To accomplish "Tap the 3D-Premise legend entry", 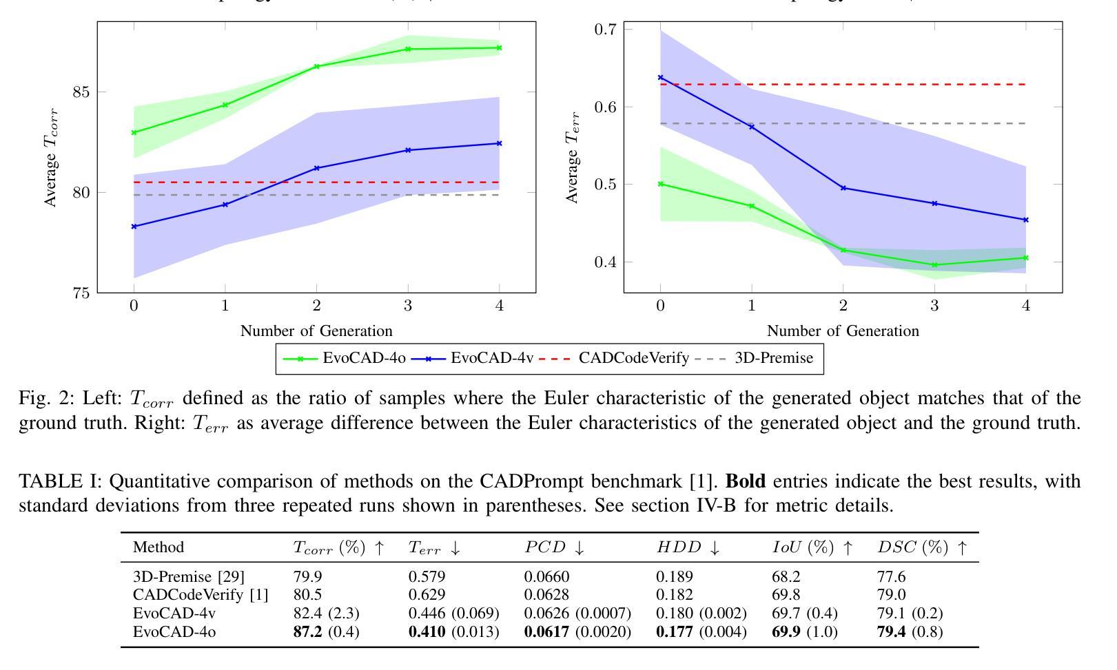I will [x=773, y=358].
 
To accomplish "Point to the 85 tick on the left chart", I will [x=80, y=92].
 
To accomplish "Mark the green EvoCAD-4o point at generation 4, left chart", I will [x=499, y=48].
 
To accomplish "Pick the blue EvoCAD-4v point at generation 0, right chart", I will [x=661, y=78].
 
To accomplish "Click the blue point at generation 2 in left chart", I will [x=316, y=168].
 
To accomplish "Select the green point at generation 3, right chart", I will [x=934, y=265].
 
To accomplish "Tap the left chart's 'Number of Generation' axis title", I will [x=316, y=331].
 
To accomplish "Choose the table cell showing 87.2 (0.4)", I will [x=326, y=631].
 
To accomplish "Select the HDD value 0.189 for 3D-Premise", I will [x=674, y=576].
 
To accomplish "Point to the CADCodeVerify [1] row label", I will [x=200, y=594].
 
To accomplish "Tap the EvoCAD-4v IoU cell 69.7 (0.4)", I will [x=804, y=613].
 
